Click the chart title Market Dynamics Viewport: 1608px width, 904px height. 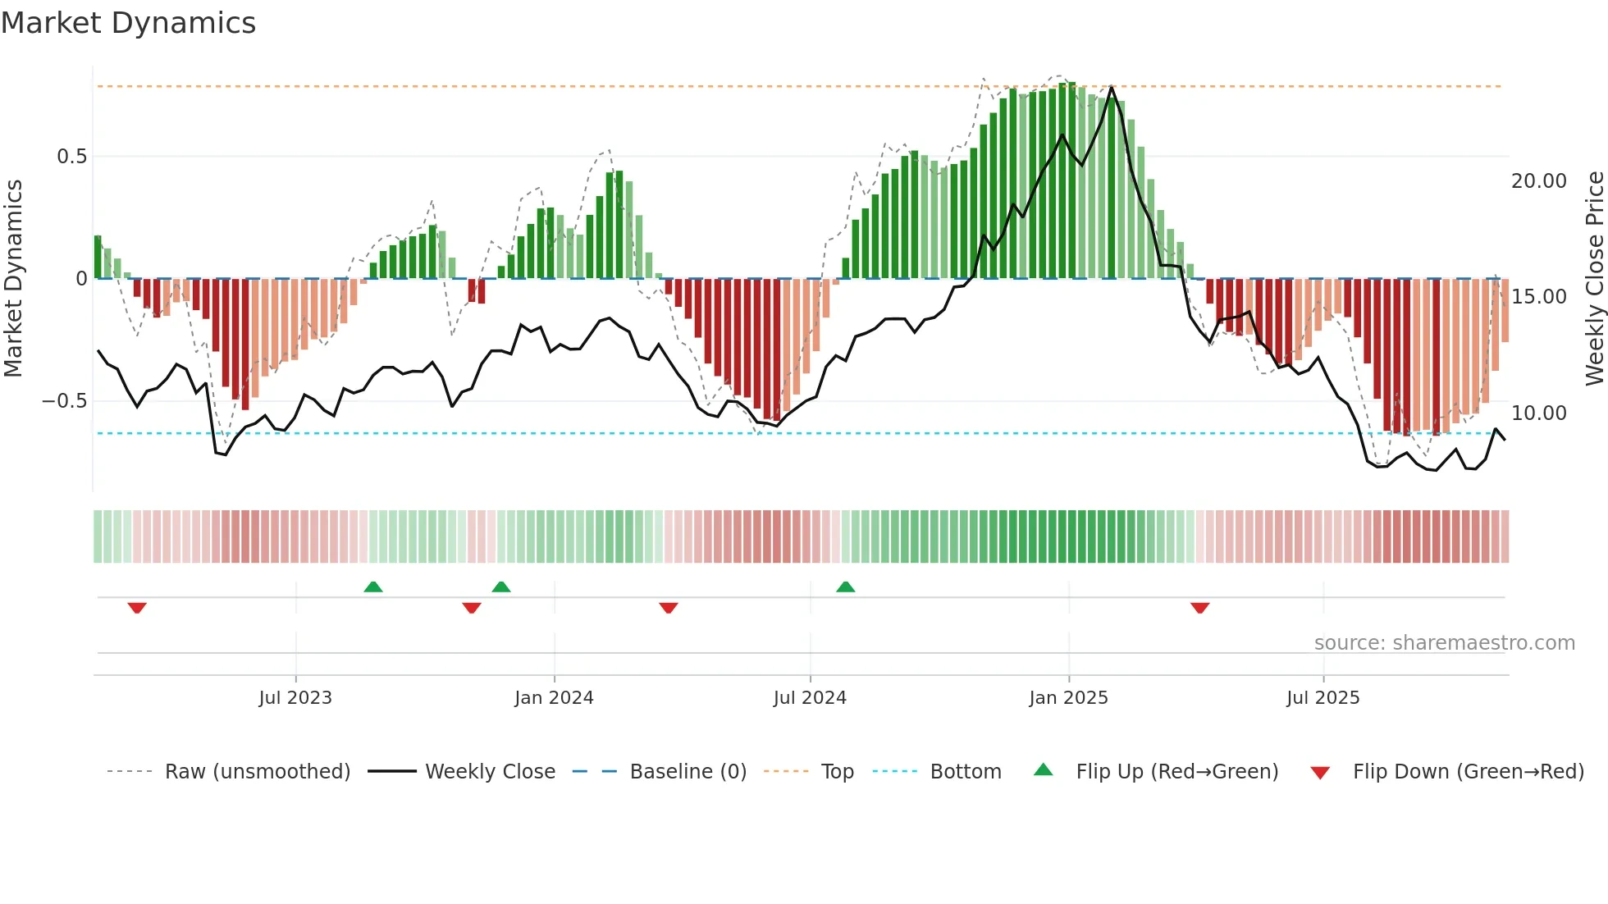click(x=129, y=23)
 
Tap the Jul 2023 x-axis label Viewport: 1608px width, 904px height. click(x=295, y=698)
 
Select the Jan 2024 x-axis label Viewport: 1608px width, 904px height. click(x=554, y=698)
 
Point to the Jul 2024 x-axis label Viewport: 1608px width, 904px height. click(x=810, y=698)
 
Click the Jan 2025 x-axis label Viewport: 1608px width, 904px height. click(x=1068, y=698)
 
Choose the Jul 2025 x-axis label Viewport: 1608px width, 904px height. click(x=1322, y=698)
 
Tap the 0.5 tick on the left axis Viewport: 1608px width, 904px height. click(x=71, y=157)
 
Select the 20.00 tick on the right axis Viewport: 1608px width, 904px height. click(x=1539, y=181)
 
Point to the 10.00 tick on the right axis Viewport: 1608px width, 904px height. click(x=1539, y=413)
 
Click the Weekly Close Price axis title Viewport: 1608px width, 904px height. click(x=1594, y=279)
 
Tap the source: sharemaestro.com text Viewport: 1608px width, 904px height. click(x=1444, y=643)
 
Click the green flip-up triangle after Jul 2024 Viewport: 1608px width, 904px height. click(x=846, y=587)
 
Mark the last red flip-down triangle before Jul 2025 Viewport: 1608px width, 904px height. click(x=1200, y=608)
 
